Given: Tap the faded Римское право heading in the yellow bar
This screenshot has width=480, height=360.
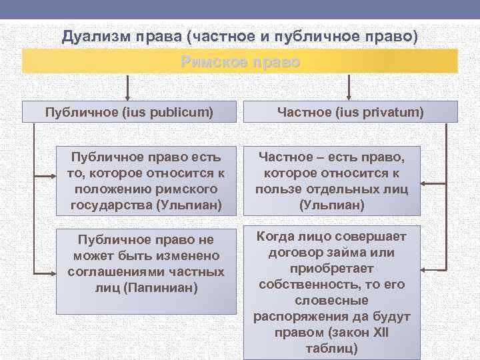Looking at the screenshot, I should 240,62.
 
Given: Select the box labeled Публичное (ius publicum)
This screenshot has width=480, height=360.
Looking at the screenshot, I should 129,111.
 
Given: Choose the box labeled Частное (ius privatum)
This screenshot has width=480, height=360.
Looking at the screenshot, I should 351,111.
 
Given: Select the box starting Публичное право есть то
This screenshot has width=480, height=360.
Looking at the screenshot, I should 146,181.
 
